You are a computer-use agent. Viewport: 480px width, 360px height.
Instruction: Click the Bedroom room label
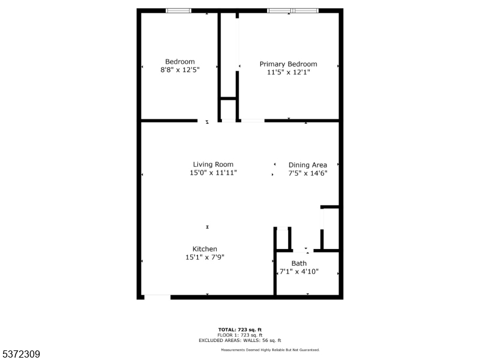[179, 62]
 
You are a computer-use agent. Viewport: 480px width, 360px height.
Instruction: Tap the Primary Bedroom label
[288, 64]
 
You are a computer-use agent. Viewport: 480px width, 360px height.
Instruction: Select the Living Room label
[213, 164]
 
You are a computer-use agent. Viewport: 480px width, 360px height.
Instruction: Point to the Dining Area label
[308, 165]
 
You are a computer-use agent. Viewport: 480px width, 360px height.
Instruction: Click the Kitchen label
[205, 249]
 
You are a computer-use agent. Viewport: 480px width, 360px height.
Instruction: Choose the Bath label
[299, 263]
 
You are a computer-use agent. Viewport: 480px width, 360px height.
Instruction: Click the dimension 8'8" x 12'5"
[180, 70]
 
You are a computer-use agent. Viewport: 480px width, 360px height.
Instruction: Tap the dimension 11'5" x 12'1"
[289, 72]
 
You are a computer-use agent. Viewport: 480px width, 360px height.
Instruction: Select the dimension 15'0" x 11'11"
[214, 173]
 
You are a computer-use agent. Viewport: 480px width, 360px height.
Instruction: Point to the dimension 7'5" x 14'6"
[308, 173]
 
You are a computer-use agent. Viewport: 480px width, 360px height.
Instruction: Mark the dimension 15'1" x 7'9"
[205, 257]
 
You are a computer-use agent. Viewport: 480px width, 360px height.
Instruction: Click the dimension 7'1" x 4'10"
[299, 272]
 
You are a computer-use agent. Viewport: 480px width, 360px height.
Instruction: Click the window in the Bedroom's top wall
[178, 11]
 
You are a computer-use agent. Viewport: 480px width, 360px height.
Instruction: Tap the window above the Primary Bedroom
[293, 11]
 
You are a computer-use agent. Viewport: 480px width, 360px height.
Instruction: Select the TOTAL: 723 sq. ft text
[240, 329]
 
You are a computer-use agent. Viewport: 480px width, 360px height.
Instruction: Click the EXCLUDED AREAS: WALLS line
[240, 340]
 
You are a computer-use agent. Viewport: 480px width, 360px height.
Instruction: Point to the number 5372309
[20, 354]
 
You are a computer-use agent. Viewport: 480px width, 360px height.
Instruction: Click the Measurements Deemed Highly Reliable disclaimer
[271, 350]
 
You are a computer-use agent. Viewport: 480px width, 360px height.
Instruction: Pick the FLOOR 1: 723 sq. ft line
[240, 335]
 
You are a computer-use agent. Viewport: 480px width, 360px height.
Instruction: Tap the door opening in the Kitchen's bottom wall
[157, 297]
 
